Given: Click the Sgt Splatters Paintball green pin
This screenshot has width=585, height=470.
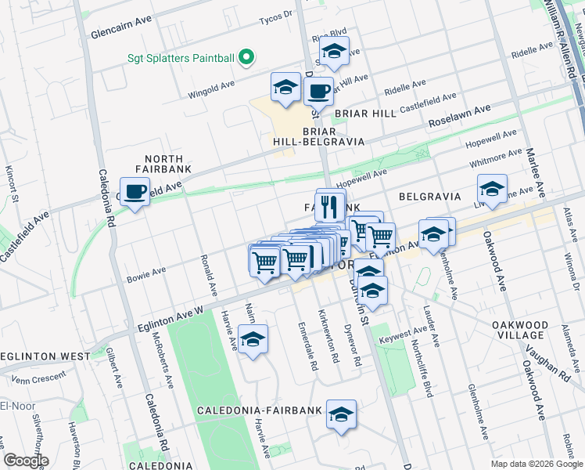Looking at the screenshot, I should [246, 57].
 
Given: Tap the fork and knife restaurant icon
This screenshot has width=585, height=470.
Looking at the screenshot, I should [330, 206].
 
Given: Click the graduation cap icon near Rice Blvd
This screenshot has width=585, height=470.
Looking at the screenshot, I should [334, 52].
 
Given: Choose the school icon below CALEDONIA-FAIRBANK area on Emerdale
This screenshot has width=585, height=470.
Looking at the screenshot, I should [341, 415].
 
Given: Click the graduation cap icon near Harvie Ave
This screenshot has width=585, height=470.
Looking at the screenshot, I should [253, 341].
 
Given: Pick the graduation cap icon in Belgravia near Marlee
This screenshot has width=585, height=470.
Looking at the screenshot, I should [492, 189].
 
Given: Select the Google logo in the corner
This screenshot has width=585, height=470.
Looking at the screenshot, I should [26, 461].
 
